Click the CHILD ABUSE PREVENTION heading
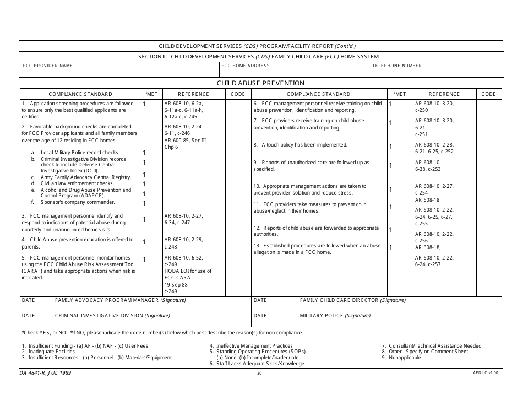point(260,83)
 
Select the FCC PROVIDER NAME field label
point(47,66)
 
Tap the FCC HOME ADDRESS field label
point(246,66)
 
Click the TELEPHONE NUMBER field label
point(397,66)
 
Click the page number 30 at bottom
point(259,374)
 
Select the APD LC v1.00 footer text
point(484,373)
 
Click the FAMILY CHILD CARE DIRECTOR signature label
point(352,300)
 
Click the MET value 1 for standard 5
point(144,260)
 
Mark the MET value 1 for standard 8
point(390,147)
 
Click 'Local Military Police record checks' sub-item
point(80,153)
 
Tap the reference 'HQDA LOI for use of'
point(188,271)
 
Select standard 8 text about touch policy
point(300,145)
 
